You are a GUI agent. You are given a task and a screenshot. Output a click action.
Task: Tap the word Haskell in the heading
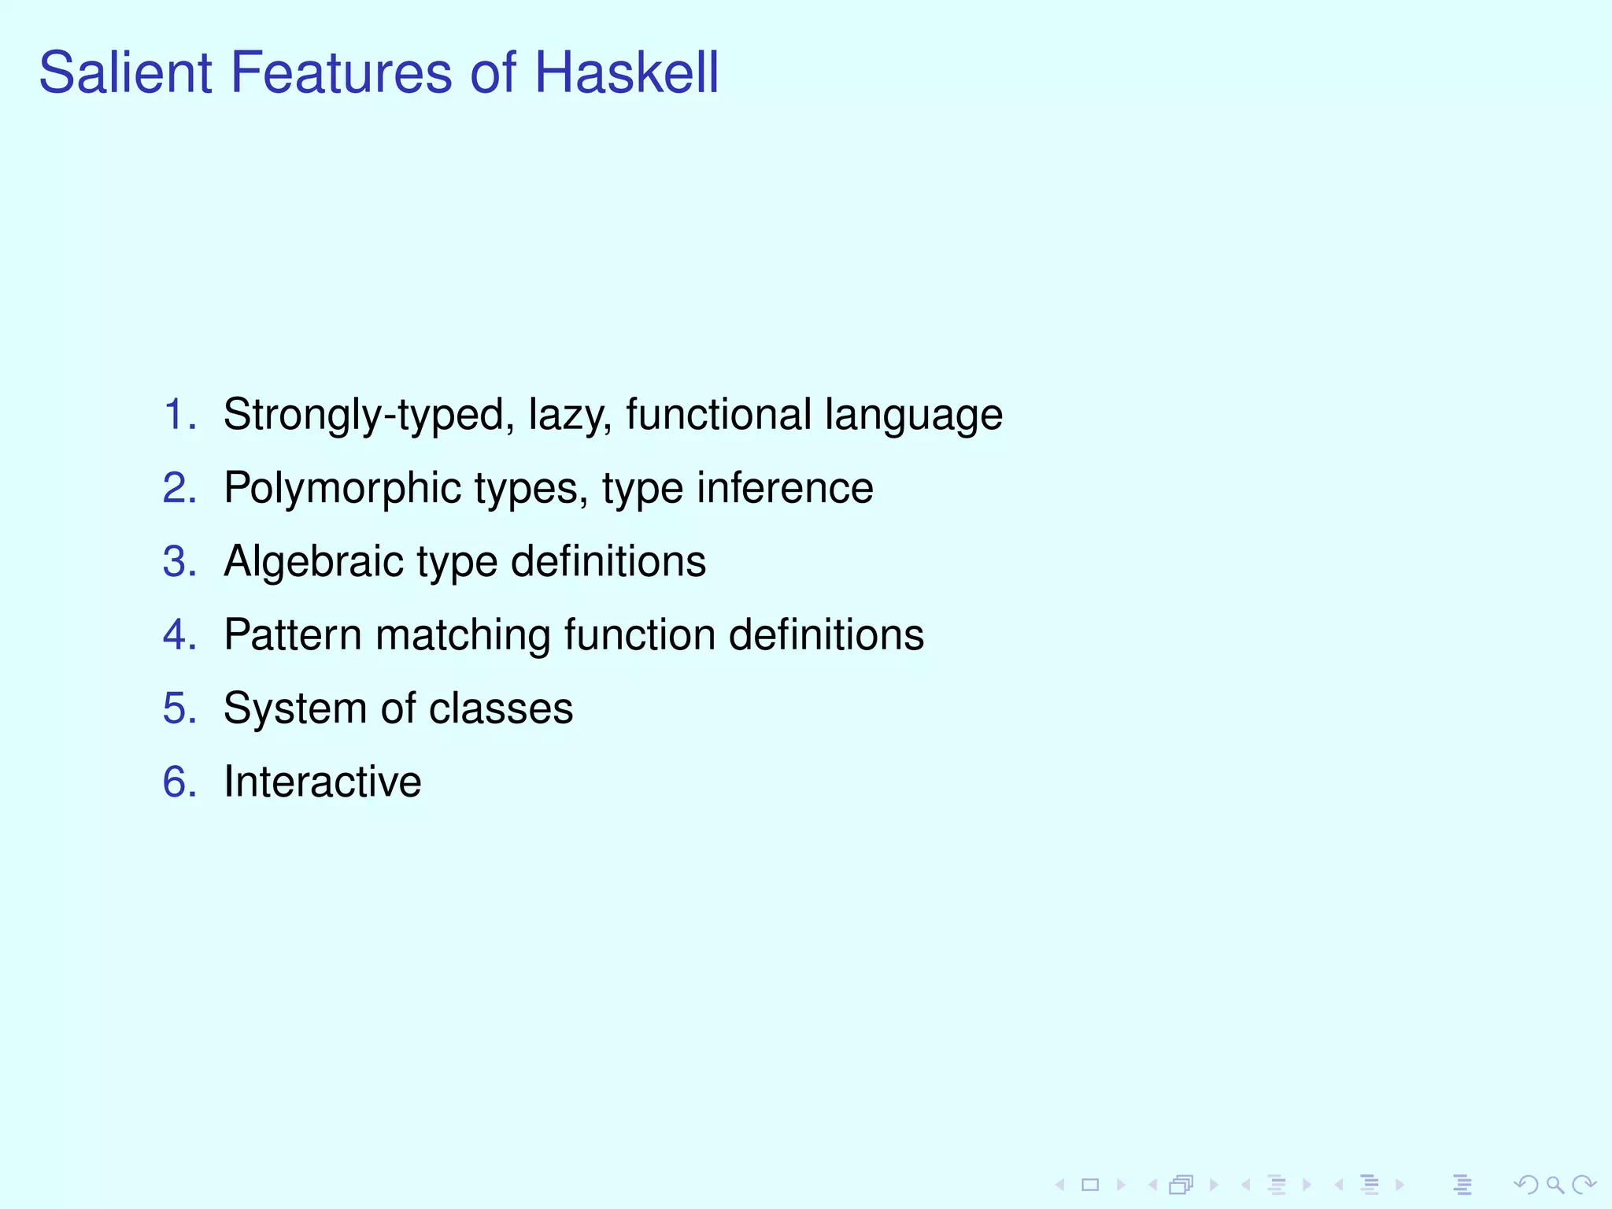[x=626, y=72]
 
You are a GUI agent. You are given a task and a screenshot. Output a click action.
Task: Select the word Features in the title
[x=340, y=72]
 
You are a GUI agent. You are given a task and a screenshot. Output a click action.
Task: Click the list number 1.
[x=178, y=414]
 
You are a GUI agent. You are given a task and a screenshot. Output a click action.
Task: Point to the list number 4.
[x=178, y=634]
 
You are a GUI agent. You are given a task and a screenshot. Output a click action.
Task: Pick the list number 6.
[x=178, y=782]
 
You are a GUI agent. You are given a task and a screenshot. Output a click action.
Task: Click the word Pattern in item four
[x=292, y=634]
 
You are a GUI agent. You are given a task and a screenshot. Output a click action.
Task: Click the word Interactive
[x=322, y=782]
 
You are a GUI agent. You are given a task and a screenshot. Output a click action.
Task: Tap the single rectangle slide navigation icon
[x=1090, y=1185]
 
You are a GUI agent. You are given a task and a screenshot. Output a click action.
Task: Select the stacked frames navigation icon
[x=1181, y=1185]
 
